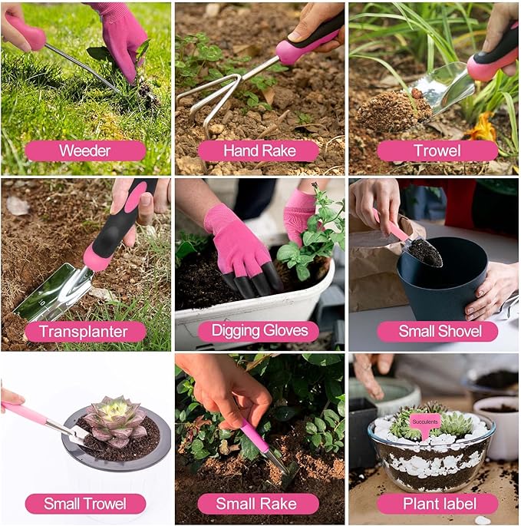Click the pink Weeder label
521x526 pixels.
point(84,151)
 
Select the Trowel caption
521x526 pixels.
point(437,151)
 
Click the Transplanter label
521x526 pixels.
point(84,331)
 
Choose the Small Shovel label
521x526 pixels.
point(437,331)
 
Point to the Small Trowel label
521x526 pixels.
point(84,504)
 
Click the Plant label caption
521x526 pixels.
point(437,504)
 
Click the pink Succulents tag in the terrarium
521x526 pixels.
point(424,422)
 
